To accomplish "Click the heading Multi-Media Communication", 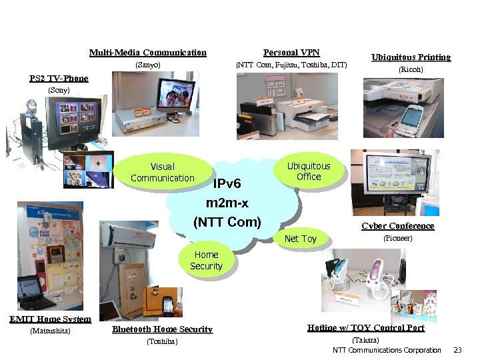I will pyautogui.click(x=147, y=53).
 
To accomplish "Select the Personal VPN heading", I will pyautogui.click(x=291, y=53).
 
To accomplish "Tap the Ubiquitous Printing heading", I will pyautogui.click(x=411, y=57).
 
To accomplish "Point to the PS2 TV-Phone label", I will pyautogui.click(x=59, y=79).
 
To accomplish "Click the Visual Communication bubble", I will pyautogui.click(x=163, y=172).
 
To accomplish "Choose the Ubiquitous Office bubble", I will pyautogui.click(x=308, y=171).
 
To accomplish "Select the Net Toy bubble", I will pyautogui.click(x=300, y=239).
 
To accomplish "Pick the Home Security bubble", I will pyautogui.click(x=206, y=260).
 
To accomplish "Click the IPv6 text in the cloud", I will pyautogui.click(x=231, y=183).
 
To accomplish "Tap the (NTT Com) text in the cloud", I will pyautogui.click(x=227, y=222).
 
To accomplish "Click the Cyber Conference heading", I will pyautogui.click(x=397, y=226).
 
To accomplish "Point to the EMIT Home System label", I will pyautogui.click(x=50, y=319).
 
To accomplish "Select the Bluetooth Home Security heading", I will pyautogui.click(x=162, y=329).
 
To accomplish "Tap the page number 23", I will pyautogui.click(x=457, y=350).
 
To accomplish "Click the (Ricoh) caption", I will pyautogui.click(x=411, y=69).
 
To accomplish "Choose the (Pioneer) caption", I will pyautogui.click(x=397, y=238).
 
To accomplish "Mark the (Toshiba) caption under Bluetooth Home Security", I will pyautogui.click(x=162, y=342).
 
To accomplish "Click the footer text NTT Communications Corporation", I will pyautogui.click(x=387, y=350).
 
